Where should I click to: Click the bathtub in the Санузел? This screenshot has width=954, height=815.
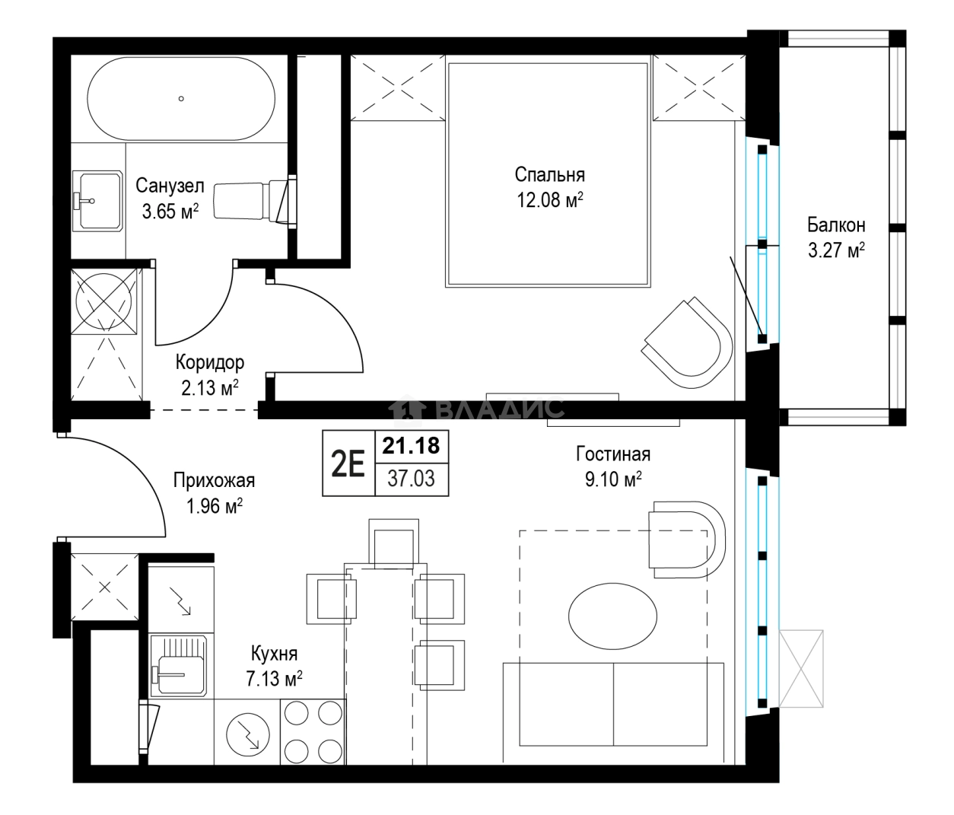point(181,98)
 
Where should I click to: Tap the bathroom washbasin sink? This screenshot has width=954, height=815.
point(97,201)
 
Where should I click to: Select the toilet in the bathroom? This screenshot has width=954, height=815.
point(255,201)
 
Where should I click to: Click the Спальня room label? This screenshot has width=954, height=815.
point(550,175)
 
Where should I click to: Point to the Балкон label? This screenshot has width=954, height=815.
point(836,225)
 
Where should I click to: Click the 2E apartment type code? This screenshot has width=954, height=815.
point(348,463)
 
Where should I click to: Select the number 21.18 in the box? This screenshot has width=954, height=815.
point(411,446)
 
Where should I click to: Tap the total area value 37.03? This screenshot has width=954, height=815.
point(411,479)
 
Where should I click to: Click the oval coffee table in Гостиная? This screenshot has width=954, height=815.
point(612,616)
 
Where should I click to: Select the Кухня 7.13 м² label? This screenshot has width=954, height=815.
point(274,667)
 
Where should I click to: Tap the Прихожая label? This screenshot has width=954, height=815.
point(214,481)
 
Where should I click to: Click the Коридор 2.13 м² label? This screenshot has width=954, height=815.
point(209,375)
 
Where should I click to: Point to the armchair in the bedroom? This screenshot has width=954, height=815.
point(687,342)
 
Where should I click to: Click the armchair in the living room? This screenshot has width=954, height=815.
point(687,540)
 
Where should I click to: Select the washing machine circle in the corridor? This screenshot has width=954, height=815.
point(104,301)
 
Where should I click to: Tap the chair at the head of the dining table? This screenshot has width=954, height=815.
point(393,544)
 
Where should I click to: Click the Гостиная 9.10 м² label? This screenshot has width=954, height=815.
point(613,466)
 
